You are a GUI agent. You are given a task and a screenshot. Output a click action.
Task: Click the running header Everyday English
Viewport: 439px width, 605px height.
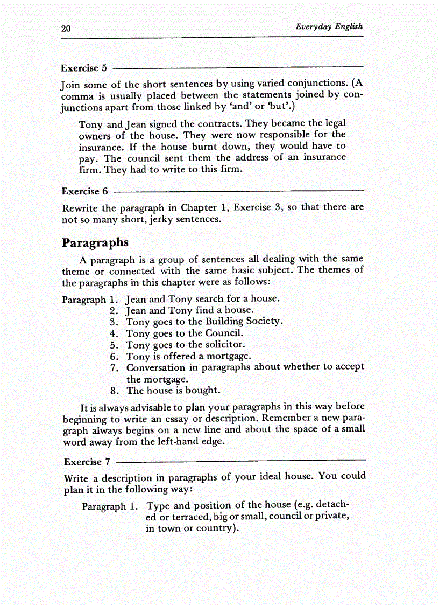coord(329,26)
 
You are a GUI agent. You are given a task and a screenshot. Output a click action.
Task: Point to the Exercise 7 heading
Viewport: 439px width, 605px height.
coord(87,462)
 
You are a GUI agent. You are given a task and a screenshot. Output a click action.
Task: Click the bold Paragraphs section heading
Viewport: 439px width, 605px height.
coord(95,242)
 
